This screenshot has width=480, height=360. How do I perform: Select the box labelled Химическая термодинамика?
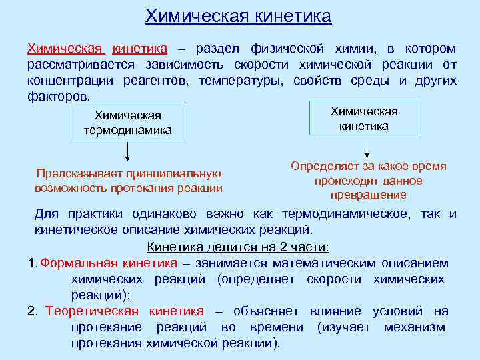click(x=128, y=123)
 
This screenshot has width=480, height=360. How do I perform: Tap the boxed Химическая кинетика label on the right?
click(x=364, y=119)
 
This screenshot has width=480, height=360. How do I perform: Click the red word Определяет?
click(x=323, y=167)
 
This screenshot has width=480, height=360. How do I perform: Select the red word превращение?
click(x=368, y=195)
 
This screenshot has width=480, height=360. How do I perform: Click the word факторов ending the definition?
click(x=57, y=96)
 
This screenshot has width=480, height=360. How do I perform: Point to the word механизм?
click(x=414, y=327)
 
